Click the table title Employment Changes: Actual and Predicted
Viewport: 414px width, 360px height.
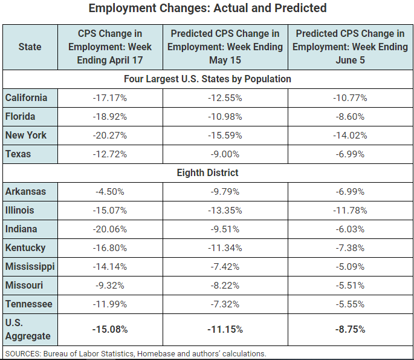(207, 8)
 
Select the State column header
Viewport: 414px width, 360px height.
(30, 47)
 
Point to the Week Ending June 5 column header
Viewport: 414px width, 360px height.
(351, 47)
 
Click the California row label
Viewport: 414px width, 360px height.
(26, 97)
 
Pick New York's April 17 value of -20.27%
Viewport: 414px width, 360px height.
(111, 135)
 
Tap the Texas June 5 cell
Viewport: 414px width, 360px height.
(350, 154)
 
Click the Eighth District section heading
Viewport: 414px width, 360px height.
(207, 172)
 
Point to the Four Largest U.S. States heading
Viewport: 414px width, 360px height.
(207, 79)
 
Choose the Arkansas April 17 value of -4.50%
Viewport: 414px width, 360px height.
(110, 192)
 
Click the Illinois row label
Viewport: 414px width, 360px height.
(20, 211)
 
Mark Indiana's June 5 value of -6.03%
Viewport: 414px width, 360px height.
(350, 229)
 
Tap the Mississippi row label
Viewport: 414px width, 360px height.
(30, 267)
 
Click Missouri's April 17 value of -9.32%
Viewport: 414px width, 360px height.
(111, 286)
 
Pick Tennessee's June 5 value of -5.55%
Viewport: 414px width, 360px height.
(350, 304)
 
